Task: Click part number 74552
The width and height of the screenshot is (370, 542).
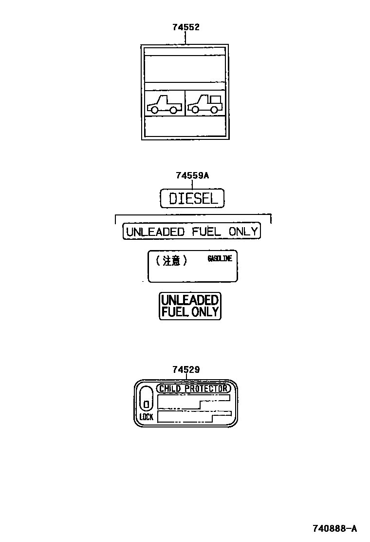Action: (185, 27)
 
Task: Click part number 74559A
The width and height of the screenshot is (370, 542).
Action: (192, 176)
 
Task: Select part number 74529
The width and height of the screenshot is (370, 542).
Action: (185, 370)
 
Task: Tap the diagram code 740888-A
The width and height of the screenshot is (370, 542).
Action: (334, 528)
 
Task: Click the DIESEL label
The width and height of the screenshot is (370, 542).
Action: (192, 198)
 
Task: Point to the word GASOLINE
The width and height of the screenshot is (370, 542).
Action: (220, 259)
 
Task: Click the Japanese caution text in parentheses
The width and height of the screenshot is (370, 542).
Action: (171, 261)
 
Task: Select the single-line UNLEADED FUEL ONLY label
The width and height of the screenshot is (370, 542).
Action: (191, 232)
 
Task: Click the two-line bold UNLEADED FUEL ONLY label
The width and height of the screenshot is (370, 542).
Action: (190, 306)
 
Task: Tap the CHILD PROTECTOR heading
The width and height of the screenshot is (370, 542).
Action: (193, 388)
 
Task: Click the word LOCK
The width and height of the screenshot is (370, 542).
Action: (146, 417)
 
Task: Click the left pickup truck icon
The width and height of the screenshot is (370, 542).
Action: (164, 104)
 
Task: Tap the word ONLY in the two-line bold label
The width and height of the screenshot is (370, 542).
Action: (205, 312)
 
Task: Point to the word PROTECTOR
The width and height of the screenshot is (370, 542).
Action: (207, 388)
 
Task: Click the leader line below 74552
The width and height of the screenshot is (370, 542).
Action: (185, 38)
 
